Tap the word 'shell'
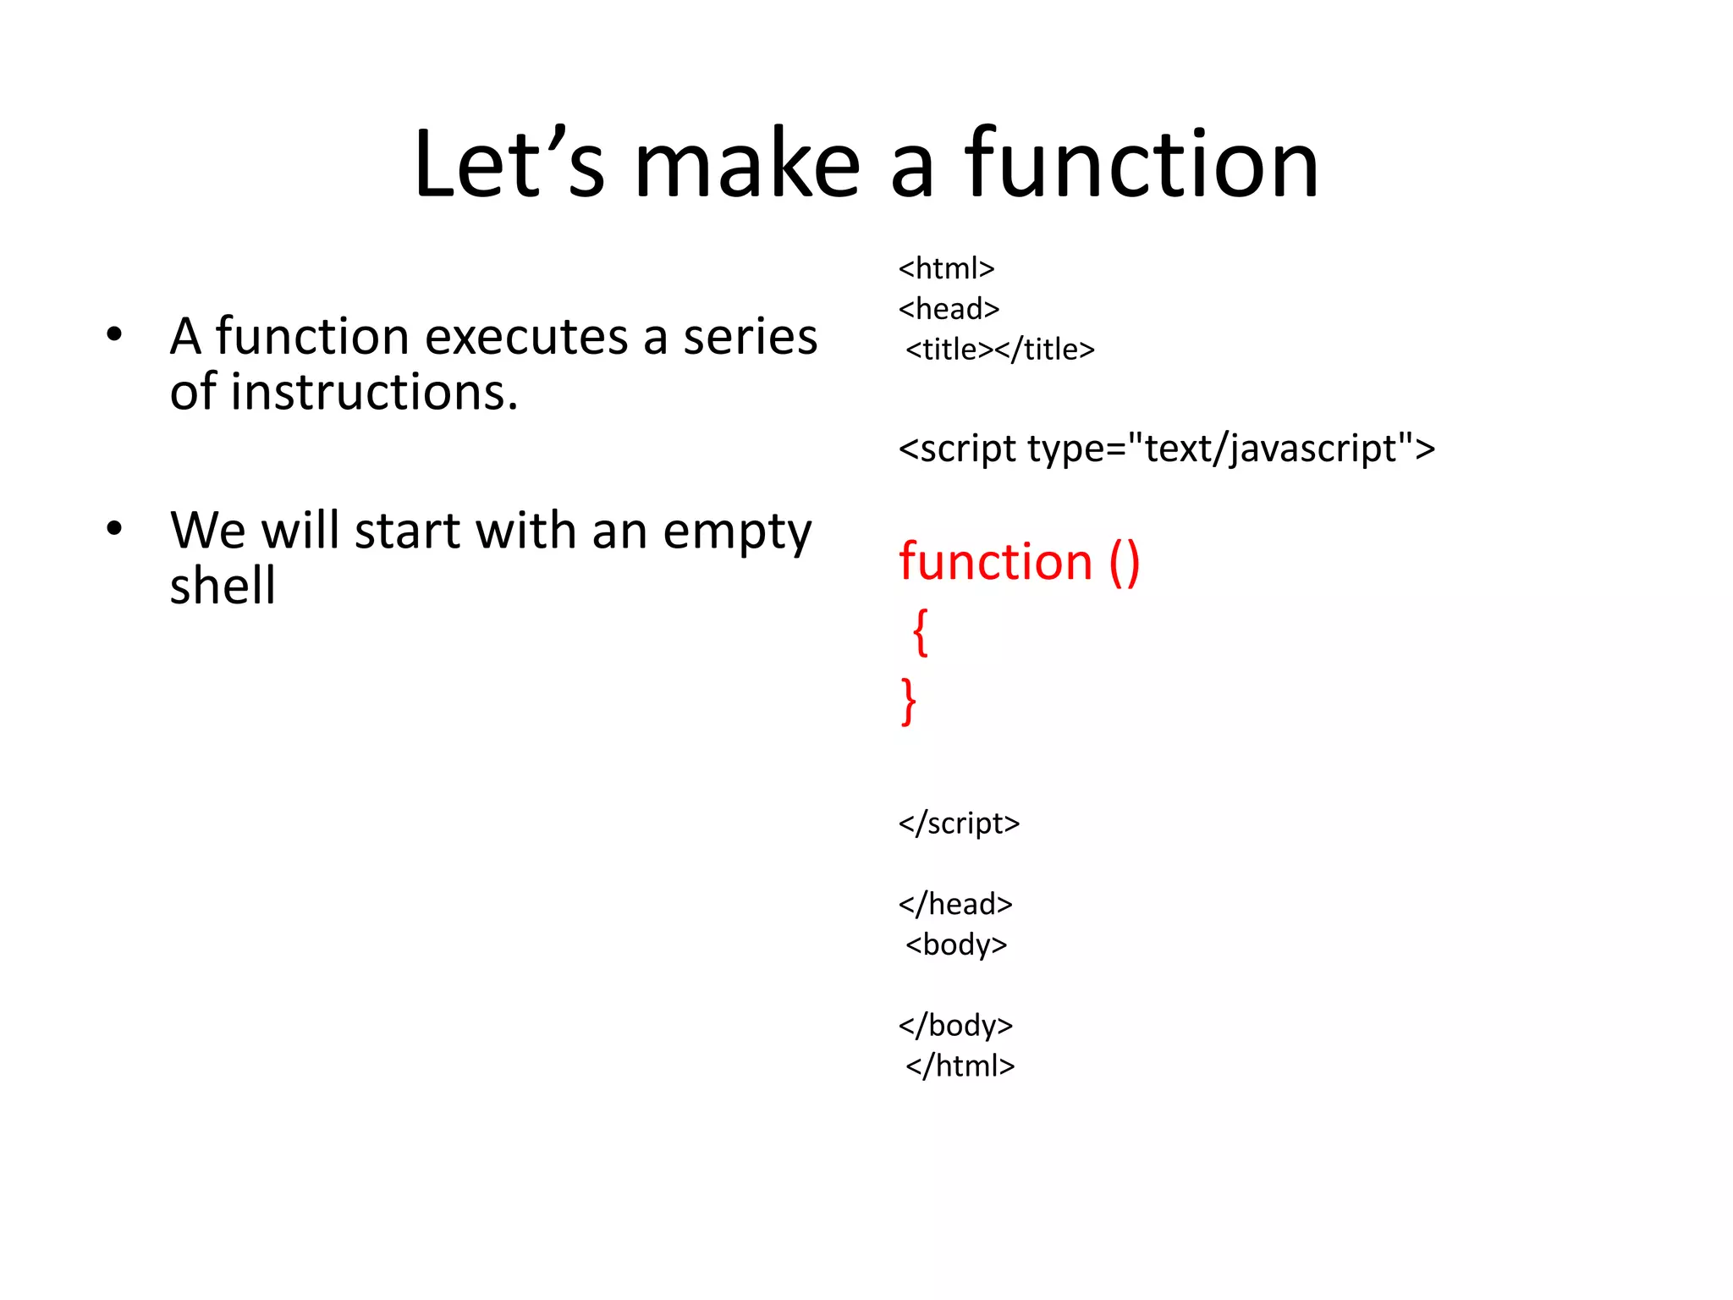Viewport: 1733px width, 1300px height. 223,586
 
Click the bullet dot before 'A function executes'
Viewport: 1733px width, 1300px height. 114,334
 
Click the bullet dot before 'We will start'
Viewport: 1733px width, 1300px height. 114,529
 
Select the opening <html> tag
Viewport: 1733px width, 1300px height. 946,268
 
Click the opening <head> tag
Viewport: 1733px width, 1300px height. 949,309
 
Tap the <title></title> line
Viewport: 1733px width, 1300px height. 999,350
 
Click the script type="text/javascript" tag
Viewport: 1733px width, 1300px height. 1166,449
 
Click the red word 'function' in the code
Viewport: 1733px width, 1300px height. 995,562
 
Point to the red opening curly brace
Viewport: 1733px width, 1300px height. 921,631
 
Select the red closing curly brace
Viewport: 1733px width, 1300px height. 908,701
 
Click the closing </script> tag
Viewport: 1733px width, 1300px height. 959,823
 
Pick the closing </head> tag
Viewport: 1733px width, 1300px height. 955,904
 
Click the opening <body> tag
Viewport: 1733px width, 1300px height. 956,945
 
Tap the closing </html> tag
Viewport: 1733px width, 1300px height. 960,1066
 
